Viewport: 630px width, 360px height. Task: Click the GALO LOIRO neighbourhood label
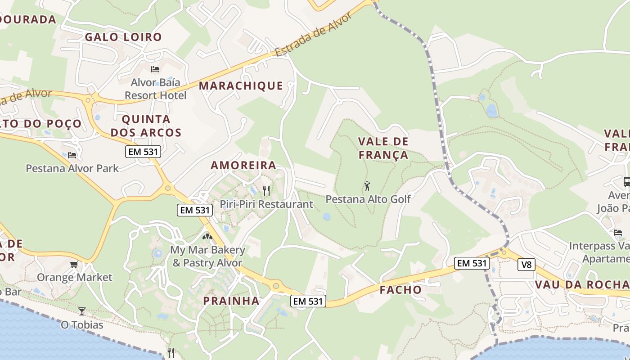pos(123,37)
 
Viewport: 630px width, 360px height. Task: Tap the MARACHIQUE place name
pos(241,85)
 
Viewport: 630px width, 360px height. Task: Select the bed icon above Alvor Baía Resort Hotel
pos(155,69)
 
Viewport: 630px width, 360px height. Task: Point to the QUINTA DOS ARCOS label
pos(146,126)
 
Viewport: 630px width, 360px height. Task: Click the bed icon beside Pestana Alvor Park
pos(72,155)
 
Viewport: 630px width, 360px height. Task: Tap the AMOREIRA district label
pos(243,165)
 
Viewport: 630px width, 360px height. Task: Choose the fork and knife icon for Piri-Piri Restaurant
pos(266,191)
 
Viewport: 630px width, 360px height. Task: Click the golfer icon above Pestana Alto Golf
pos(367,185)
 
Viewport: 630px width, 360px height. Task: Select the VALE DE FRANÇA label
pos(383,148)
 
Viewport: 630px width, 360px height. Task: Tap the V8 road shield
pos(526,265)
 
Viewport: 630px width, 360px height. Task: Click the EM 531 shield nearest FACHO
pos(471,263)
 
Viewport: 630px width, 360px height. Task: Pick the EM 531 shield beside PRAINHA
pos(308,301)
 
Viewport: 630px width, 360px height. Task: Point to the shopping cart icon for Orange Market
pos(74,264)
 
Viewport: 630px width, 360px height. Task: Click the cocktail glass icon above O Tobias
pos(81,311)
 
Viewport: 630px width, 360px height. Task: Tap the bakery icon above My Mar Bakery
pos(207,236)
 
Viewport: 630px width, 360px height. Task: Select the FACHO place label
pos(400,290)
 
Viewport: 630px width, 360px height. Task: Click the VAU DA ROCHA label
pos(581,284)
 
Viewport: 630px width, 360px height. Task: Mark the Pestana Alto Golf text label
pos(368,199)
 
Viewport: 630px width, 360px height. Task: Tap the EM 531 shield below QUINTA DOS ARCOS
pos(143,152)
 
